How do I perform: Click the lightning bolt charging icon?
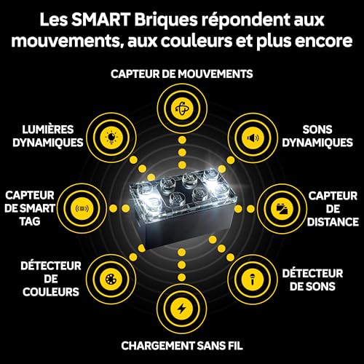pyautogui.click(x=181, y=306)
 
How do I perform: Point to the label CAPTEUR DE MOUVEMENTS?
pyautogui.click(x=181, y=74)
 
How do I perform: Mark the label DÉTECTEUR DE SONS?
pyautogui.click(x=318, y=279)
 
